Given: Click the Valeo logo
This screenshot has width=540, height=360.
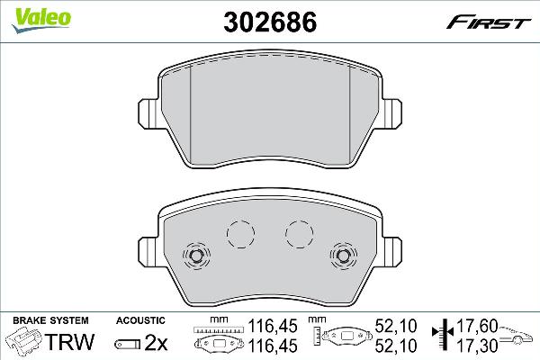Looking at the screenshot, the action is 41,20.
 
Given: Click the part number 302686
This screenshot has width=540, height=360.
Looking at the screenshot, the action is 270,22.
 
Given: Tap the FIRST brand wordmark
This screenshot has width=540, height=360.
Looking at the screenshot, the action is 489,23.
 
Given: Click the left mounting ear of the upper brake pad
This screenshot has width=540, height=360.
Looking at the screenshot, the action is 148,114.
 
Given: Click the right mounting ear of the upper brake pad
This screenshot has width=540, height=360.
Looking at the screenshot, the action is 391,114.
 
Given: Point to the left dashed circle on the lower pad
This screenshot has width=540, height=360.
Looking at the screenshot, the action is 240,234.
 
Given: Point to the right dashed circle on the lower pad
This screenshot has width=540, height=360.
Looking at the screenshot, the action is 300,234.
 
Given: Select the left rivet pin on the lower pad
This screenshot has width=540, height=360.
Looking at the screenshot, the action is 196,256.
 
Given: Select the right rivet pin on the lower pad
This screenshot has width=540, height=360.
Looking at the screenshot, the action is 344,256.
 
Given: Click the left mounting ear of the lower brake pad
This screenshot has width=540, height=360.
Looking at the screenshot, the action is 148,252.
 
